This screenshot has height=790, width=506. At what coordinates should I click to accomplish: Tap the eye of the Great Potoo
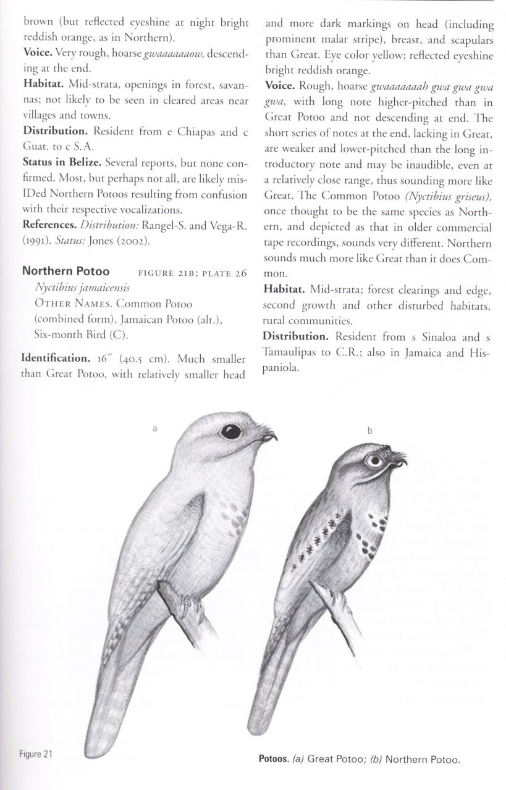point(230,431)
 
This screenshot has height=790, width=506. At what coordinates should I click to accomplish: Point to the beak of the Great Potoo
point(269,437)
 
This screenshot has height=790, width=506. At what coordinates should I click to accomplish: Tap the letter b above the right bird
point(369,431)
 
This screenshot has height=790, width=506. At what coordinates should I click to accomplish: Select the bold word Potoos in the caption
point(276,759)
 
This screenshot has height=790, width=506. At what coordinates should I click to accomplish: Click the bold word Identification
point(56,357)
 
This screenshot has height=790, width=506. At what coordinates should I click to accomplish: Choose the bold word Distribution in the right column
point(295,337)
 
